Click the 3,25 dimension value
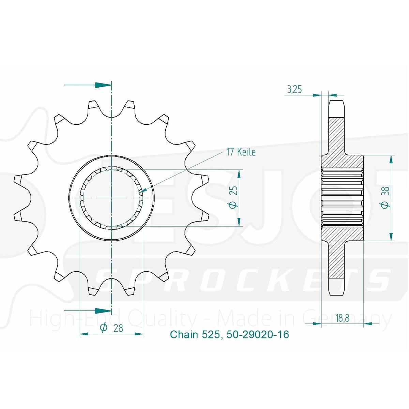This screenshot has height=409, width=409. coord(294,90)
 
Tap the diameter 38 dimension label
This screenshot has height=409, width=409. coord(385,197)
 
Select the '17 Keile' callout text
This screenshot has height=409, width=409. coord(241,152)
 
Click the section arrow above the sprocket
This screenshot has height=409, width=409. coord(88,85)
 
